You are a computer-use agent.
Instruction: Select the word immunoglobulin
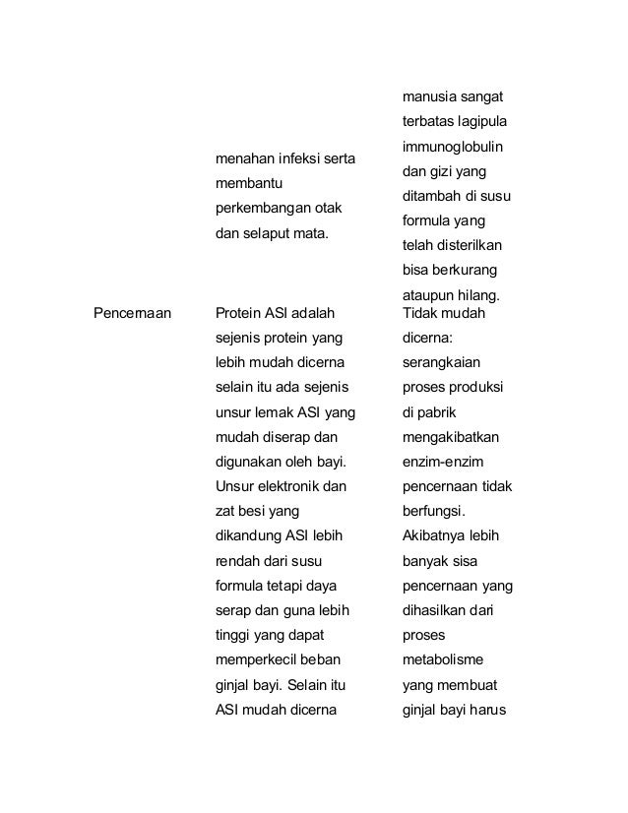(453, 147)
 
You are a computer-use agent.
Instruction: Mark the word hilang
(478, 295)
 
